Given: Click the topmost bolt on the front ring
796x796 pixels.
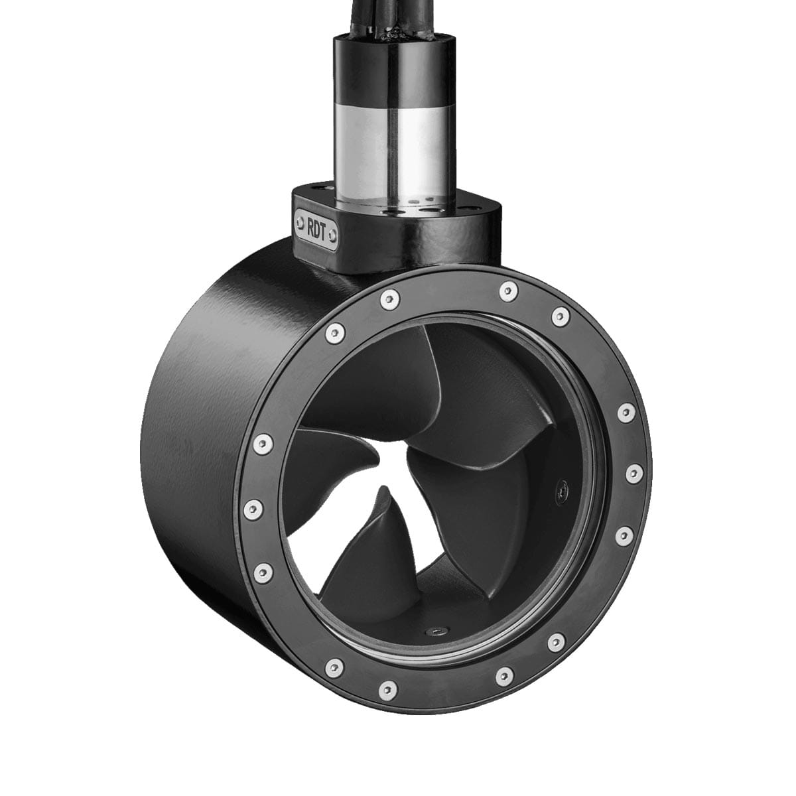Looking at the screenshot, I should [508, 289].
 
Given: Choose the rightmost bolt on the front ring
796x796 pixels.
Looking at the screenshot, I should [633, 473].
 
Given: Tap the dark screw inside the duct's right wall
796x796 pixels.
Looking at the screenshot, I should [561, 490].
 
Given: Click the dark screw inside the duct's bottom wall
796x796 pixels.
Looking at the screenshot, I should [438, 631].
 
